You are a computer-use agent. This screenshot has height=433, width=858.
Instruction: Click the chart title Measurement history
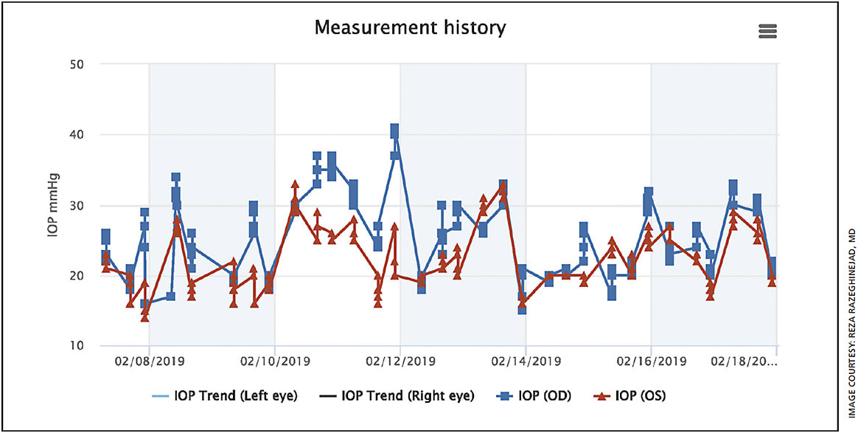[410, 28]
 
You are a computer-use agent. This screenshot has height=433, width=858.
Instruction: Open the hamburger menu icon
[767, 30]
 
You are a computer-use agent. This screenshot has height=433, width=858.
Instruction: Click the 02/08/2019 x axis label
[149, 362]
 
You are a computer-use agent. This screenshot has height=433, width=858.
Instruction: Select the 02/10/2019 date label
[275, 362]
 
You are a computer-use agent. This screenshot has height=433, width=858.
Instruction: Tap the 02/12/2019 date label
[400, 362]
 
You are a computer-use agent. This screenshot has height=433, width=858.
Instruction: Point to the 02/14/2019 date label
[526, 362]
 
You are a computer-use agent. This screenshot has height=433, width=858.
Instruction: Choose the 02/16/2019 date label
[651, 362]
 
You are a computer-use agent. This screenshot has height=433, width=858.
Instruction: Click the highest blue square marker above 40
[395, 130]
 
